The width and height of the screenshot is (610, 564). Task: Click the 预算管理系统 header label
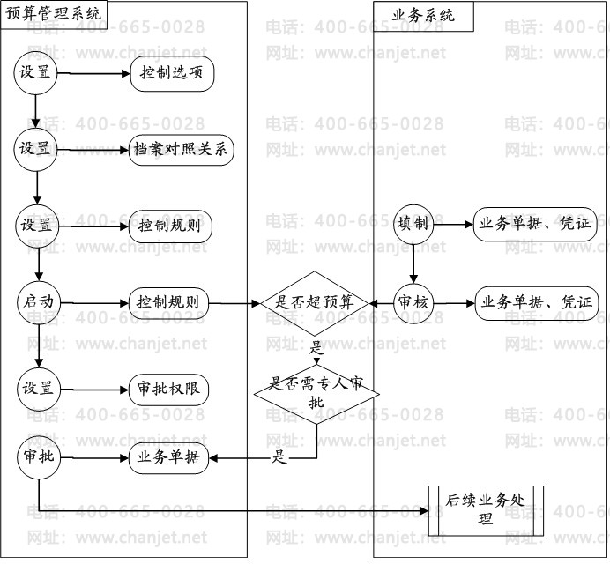tap(54, 13)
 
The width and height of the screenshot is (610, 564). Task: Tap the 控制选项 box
tap(173, 73)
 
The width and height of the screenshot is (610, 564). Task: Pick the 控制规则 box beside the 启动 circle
tap(168, 302)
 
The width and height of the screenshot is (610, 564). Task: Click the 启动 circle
tap(37, 302)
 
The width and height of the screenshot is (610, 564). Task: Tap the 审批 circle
tap(37, 456)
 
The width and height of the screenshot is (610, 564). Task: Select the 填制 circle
tap(413, 224)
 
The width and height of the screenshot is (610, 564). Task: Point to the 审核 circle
tap(413, 302)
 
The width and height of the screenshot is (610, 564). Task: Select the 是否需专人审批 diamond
tap(316, 393)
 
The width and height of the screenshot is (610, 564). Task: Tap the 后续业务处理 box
tap(486, 509)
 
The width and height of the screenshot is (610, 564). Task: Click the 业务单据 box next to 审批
tap(168, 457)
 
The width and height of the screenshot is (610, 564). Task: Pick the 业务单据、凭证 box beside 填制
tap(535, 224)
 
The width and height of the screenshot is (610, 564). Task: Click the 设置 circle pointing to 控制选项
tap(37, 73)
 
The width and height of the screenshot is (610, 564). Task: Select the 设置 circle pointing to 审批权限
tap(37, 388)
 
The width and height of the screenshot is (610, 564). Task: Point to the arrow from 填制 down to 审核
tap(413, 262)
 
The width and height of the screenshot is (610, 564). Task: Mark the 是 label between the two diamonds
tap(316, 346)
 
